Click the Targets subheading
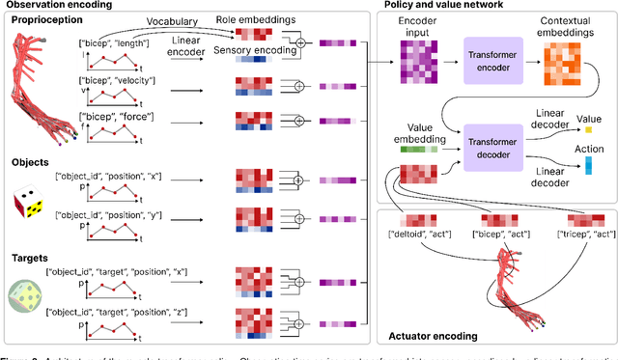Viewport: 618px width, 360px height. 30,236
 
